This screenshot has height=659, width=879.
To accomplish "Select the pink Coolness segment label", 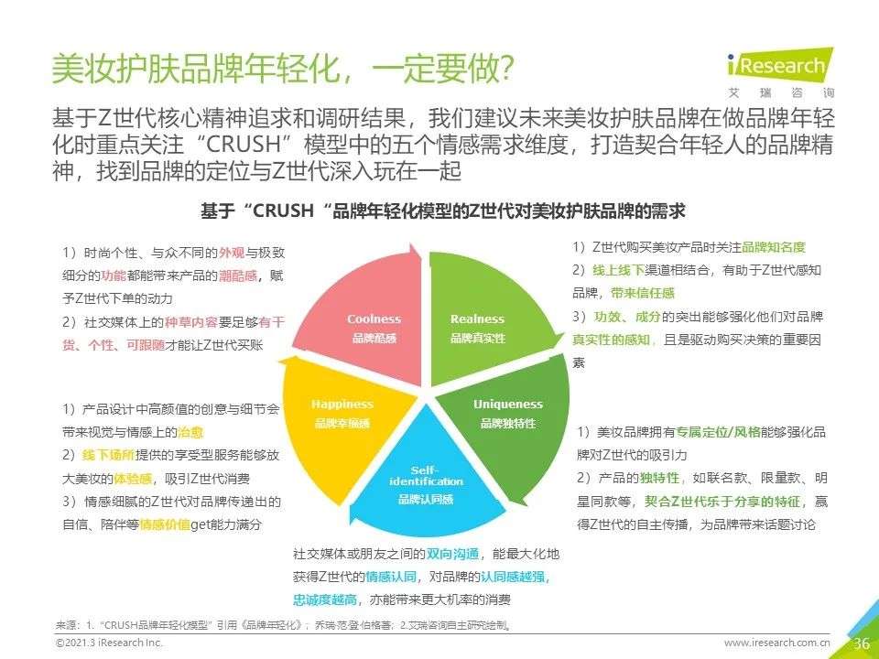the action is pyautogui.click(x=374, y=328).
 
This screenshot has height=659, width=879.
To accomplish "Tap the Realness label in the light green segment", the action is pyautogui.click(x=478, y=328).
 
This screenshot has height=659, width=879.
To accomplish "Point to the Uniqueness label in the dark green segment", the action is pyautogui.click(x=508, y=413).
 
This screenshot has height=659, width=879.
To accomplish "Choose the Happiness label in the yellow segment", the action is pyautogui.click(x=342, y=413).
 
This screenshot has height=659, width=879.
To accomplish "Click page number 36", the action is pyautogui.click(x=862, y=643).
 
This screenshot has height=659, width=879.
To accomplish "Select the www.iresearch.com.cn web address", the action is pyautogui.click(x=777, y=643).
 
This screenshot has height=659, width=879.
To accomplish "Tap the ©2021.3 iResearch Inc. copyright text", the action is pyautogui.click(x=109, y=643).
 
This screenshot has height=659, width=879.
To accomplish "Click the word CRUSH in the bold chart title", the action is pyautogui.click(x=283, y=211).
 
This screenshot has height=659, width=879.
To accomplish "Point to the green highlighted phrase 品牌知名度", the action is pyautogui.click(x=774, y=247).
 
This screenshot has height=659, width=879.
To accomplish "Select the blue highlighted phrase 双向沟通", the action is pyautogui.click(x=452, y=555).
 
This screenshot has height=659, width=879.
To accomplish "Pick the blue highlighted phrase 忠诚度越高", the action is pyautogui.click(x=324, y=600).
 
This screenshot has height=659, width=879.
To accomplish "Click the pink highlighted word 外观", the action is pyautogui.click(x=232, y=253).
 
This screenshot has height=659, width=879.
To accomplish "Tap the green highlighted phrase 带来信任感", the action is pyautogui.click(x=643, y=293).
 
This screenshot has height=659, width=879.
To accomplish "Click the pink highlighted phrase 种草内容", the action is pyautogui.click(x=190, y=322).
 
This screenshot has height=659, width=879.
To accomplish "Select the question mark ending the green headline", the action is pyautogui.click(x=505, y=69).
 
